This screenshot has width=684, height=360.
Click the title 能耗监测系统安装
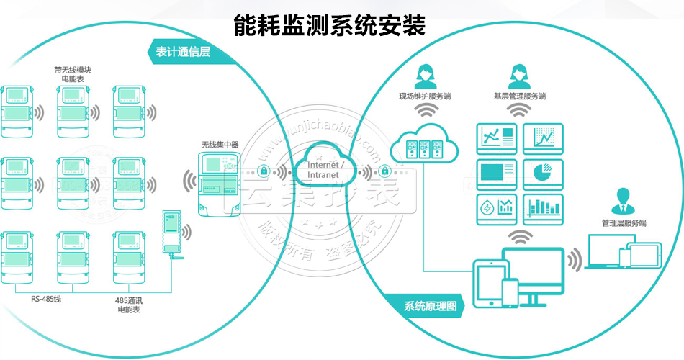click(x=330, y=26)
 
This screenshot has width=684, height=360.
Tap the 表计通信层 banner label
click(x=183, y=52)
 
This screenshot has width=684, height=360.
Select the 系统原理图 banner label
click(x=424, y=305)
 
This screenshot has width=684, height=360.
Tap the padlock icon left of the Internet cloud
click(x=265, y=172)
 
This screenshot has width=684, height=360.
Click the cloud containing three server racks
click(x=424, y=142)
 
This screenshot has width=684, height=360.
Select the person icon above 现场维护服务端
click(x=424, y=74)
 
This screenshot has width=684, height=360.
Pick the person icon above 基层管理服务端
click(x=519, y=75)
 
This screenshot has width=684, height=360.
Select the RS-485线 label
click(x=46, y=298)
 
